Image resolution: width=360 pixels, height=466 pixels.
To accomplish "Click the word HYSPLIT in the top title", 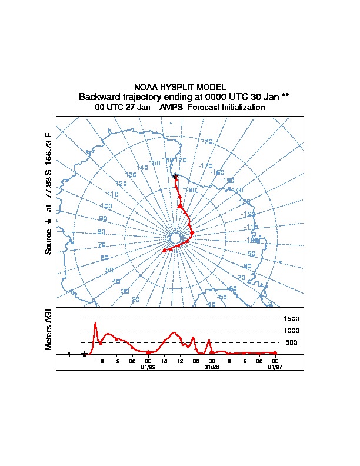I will click(x=180, y=87).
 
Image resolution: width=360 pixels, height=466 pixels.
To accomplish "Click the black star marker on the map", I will click(x=175, y=176).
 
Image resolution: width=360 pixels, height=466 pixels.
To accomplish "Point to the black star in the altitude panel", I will click(x=85, y=354).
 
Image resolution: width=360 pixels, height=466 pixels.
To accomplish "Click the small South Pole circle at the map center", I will click(x=175, y=238).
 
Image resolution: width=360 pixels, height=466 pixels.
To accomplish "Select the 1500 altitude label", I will click(x=292, y=319).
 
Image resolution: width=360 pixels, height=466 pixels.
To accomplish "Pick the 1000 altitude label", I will click(x=292, y=331).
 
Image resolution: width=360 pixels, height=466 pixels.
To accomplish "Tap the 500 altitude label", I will click(x=291, y=342).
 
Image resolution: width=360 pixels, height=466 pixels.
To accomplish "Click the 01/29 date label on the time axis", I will click(x=148, y=366).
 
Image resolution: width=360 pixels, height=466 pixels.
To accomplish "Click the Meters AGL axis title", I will click(x=49, y=328).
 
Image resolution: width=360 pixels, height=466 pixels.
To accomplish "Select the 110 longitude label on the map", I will click(x=113, y=194).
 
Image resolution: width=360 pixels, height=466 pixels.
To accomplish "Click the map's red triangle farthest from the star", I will click(x=164, y=251).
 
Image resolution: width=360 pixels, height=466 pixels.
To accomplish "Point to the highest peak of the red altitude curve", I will click(x=95, y=322).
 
